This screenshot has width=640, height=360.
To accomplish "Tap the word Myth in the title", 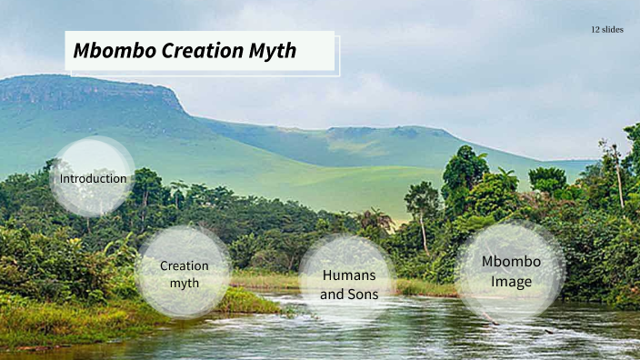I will (x=274, y=52).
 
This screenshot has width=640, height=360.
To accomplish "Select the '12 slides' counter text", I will (x=606, y=30).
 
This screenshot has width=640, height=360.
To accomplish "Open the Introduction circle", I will (x=93, y=177).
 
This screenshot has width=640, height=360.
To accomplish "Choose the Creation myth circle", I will (x=184, y=273).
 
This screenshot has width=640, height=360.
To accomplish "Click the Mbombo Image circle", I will (x=510, y=271).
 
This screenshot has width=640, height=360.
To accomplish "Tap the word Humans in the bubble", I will (x=348, y=275).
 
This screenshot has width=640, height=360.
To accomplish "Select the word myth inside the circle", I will (x=185, y=284).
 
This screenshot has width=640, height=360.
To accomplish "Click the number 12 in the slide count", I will (x=595, y=30).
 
